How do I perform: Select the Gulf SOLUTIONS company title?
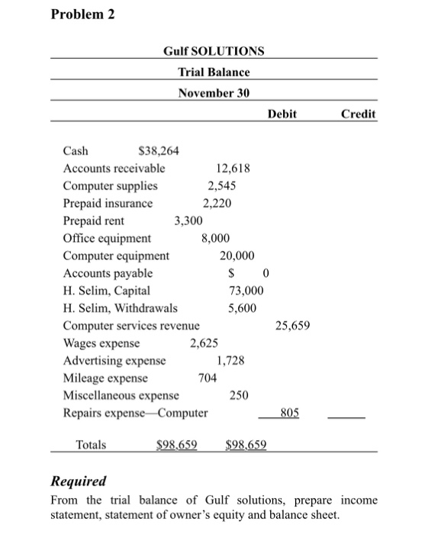[214, 51]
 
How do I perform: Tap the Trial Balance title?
[214, 72]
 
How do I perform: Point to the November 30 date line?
[214, 93]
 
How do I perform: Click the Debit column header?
[282, 114]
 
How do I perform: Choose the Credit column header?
[358, 114]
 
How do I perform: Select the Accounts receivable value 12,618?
[233, 168]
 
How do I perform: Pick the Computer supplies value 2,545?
[222, 185]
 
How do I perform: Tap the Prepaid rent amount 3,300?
[188, 220]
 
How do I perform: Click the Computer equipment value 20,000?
[237, 256]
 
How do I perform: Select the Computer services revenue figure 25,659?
[292, 326]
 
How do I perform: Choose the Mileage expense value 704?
[207, 378]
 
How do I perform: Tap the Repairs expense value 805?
[288, 413]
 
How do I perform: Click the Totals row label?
[91, 445]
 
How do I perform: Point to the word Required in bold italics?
[78, 482]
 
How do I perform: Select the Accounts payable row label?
[108, 273]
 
